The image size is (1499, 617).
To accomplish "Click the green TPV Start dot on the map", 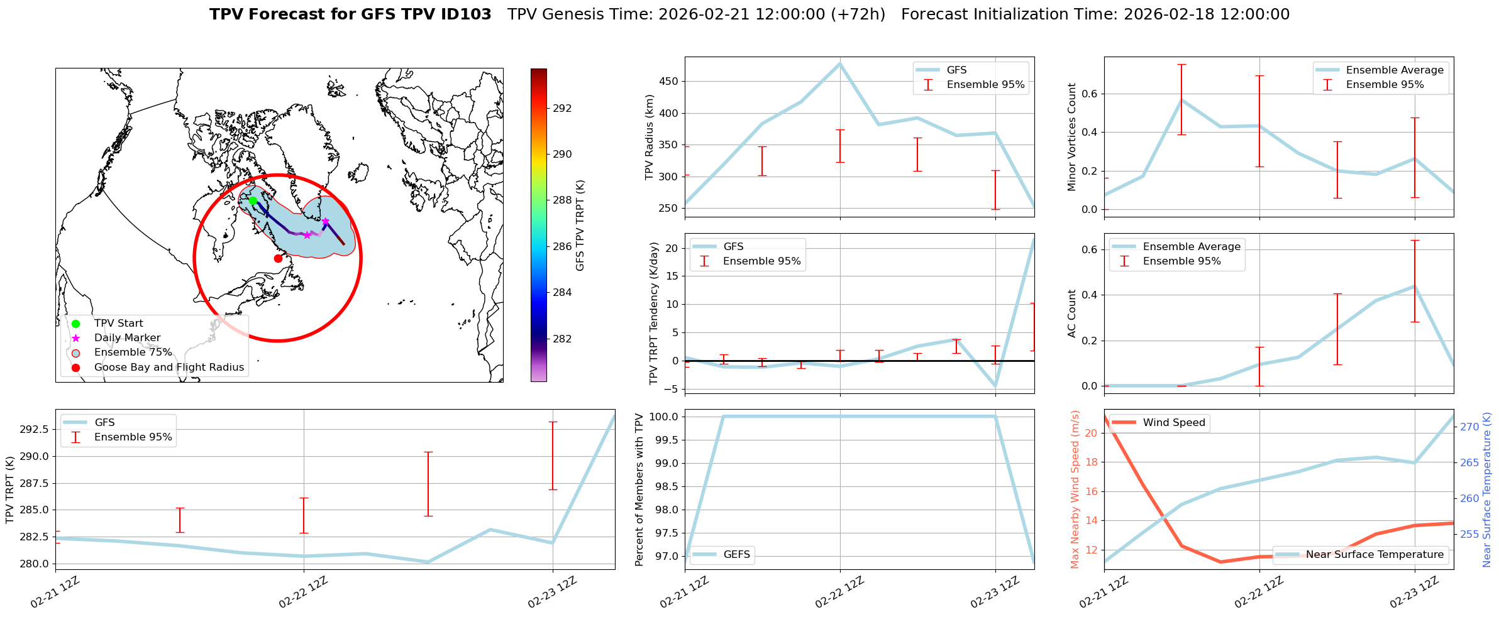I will point(253,201).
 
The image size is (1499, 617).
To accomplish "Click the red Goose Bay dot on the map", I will point(278,258).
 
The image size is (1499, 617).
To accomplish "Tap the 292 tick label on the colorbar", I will point(562,108).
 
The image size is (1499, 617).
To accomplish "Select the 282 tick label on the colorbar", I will point(562,339).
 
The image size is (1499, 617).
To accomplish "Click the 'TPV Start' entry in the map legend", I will point(118,324).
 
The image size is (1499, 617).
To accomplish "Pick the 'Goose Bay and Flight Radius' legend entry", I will point(169,368).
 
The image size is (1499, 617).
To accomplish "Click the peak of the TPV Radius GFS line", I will point(840,63).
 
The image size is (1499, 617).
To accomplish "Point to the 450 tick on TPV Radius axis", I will point(669,82).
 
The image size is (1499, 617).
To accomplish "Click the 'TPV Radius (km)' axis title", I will point(650,137).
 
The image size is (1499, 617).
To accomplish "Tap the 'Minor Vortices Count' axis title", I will point(1071,137).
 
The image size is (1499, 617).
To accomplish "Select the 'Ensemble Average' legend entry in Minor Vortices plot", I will point(1394,70).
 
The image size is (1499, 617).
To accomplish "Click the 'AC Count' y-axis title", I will point(1071,314).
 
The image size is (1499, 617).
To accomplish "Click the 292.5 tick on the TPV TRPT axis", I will point(35,429).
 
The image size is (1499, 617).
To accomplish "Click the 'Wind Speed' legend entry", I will point(1173,423).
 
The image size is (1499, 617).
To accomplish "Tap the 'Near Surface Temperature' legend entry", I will point(1375,555).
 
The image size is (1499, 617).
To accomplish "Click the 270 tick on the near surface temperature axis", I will point(1469,427).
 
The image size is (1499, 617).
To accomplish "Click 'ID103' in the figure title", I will point(466,14).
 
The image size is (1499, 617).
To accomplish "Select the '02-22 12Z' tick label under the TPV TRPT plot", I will point(303,592).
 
